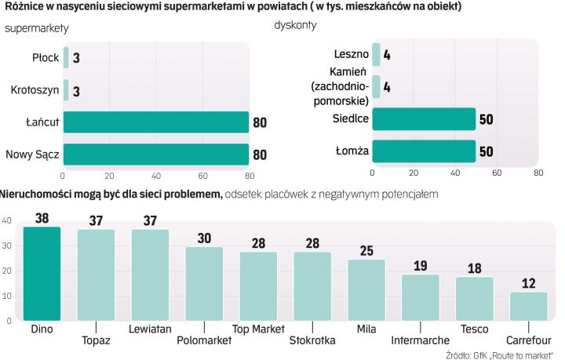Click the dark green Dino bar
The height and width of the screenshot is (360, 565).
[42, 273]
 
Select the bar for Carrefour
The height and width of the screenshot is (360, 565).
[528, 306]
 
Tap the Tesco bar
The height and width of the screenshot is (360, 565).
[474, 299]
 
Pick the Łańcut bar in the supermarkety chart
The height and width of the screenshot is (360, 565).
[155, 122]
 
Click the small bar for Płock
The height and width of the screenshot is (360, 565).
[66, 58]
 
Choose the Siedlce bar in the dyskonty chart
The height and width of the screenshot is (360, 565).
[424, 118]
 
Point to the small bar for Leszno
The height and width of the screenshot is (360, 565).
[376, 54]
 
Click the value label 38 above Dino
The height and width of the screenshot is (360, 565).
[42, 218]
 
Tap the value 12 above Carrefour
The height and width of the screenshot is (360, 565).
[528, 283]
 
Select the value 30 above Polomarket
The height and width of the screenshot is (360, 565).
[204, 238]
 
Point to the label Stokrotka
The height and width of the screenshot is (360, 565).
[312, 340]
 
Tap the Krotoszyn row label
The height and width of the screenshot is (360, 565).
[32, 90]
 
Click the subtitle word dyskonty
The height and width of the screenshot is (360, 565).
[296, 25]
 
